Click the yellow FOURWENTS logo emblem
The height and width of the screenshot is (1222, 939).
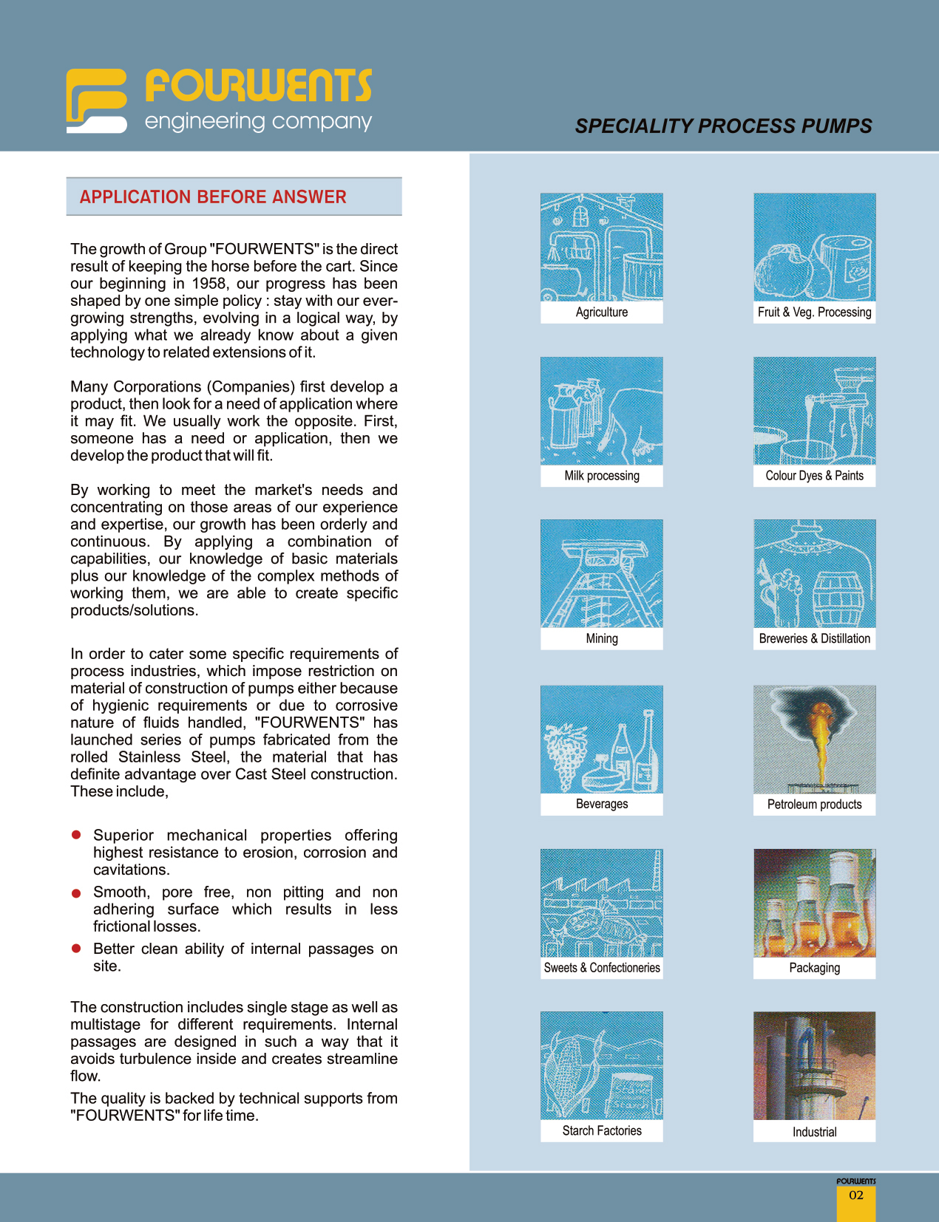point(96,100)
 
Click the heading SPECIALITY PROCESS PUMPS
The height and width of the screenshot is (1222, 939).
point(723,126)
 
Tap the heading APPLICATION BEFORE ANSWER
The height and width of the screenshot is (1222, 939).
point(213,197)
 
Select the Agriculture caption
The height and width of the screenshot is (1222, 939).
point(601,313)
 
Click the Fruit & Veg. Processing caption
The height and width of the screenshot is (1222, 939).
point(814,313)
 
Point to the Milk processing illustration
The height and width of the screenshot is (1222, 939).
point(601,411)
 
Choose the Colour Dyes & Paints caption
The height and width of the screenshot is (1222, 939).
point(814,476)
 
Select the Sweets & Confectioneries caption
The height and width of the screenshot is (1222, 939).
point(601,968)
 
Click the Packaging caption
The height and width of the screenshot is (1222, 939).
point(814,968)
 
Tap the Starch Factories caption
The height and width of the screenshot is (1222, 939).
point(601,1131)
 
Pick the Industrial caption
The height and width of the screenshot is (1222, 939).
point(814,1132)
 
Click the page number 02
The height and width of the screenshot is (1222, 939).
point(855,1195)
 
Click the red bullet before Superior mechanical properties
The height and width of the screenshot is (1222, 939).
point(75,835)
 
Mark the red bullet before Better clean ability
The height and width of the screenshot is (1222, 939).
point(75,948)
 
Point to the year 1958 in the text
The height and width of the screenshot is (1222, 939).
point(209,284)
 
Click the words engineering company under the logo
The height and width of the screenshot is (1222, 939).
point(258,121)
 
